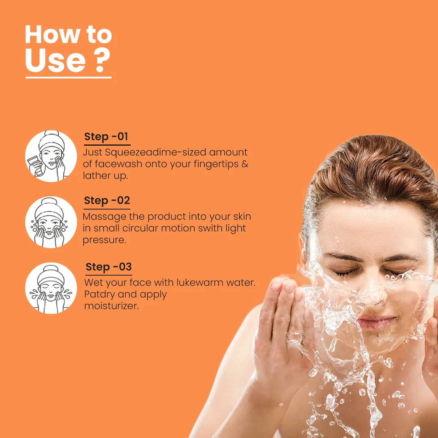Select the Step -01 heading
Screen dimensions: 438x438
pos(106,137)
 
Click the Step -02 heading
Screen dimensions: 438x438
pos(107,201)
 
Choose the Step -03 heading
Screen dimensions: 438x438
pos(109,267)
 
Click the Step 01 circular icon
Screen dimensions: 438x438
pos(51,156)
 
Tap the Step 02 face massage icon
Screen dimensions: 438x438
pos(51,222)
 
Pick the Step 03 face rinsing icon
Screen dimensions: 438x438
pos(51,288)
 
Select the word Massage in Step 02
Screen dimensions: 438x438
pos(105,217)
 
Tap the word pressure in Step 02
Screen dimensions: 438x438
pos(103,240)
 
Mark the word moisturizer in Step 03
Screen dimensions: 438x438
pos(112,306)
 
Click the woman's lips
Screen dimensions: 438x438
pos(376,322)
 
